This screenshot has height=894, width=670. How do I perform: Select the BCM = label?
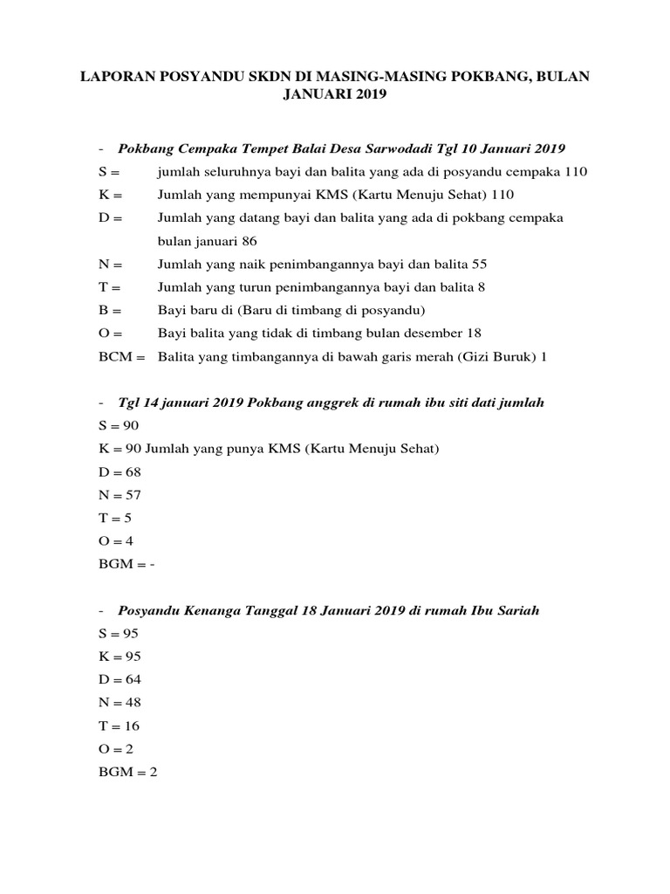coord(122,356)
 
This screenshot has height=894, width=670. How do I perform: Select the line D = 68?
coord(120,471)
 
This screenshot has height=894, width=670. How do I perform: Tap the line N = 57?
coord(120,495)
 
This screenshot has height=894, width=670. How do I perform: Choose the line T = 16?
coord(119,726)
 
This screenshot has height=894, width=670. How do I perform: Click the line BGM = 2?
coord(127,772)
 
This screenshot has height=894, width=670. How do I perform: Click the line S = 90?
coord(119,425)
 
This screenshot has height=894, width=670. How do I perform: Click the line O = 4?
coord(116,541)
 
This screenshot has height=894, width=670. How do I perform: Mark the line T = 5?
coord(115,518)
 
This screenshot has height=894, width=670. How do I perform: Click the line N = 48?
coord(120,703)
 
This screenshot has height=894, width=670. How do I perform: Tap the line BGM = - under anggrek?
coord(127,564)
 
